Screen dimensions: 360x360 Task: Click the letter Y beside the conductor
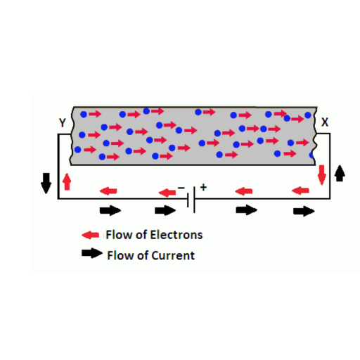tap(63, 122)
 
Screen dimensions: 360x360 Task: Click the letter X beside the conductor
tap(325, 122)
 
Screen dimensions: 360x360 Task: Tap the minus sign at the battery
tap(181, 188)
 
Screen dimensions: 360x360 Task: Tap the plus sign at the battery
tap(203, 187)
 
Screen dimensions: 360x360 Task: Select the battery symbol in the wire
tap(191, 200)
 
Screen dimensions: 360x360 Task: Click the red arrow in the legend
tap(90, 235)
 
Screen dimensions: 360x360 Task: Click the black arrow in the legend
tap(92, 253)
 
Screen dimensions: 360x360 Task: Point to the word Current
tap(174, 255)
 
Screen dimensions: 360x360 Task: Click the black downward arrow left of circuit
tap(46, 184)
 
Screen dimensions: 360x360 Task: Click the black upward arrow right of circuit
tap(340, 173)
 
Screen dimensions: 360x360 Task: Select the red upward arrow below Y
tap(67, 181)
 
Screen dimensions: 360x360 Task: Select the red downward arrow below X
tap(322, 175)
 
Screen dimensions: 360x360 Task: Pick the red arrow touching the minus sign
tap(167, 193)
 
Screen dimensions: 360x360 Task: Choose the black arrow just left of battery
tap(165, 210)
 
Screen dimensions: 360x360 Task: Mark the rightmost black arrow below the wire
tap(304, 211)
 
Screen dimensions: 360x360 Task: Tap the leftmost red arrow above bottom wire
tap(108, 191)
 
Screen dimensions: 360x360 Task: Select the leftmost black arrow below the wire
tap(110, 210)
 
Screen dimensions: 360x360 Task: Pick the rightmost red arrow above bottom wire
tap(300, 191)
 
